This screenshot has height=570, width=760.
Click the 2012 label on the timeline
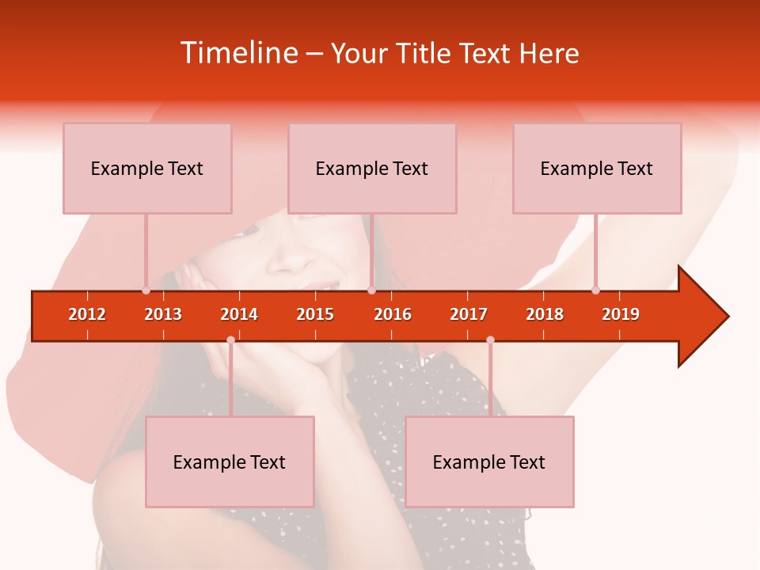pyautogui.click(x=87, y=314)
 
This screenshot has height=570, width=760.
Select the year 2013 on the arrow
pyautogui.click(x=163, y=314)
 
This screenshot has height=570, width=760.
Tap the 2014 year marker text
pyautogui.click(x=239, y=314)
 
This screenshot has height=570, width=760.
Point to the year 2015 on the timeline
pyautogui.click(x=315, y=314)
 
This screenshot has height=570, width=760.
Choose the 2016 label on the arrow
pyautogui.click(x=393, y=314)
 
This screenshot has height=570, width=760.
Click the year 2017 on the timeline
pyautogui.click(x=469, y=314)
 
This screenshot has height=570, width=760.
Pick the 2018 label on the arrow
pyautogui.click(x=545, y=314)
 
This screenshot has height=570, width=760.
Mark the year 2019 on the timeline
pyautogui.click(x=621, y=314)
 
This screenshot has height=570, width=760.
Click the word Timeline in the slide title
pyautogui.click(x=238, y=53)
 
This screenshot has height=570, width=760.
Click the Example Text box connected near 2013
pyautogui.click(x=147, y=168)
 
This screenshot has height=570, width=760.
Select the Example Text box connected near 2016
pyautogui.click(x=372, y=168)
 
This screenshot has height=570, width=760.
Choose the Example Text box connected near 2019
pyautogui.click(x=597, y=168)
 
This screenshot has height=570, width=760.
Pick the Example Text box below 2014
pyautogui.click(x=230, y=462)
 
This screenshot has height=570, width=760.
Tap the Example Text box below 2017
pyautogui.click(x=489, y=462)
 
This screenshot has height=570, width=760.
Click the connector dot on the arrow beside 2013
pyautogui.click(x=146, y=291)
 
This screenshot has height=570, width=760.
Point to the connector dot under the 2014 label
pyautogui.click(x=230, y=340)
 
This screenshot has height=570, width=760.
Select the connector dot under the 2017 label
pyautogui.click(x=490, y=340)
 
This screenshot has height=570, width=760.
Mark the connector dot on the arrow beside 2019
pyautogui.click(x=595, y=291)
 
